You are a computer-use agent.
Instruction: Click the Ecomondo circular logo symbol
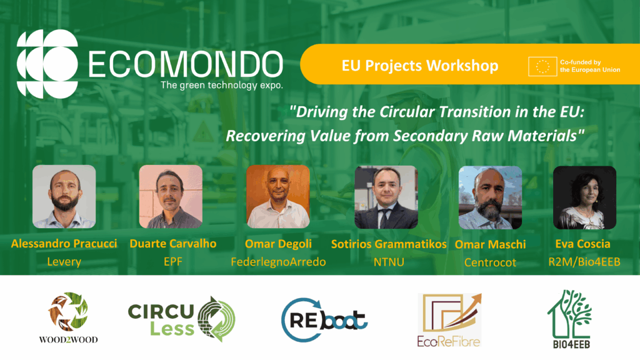47,64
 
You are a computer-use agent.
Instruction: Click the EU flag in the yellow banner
542,66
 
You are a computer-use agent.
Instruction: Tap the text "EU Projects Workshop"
419,66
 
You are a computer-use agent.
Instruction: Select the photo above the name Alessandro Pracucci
64,196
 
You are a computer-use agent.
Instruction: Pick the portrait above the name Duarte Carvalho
171,196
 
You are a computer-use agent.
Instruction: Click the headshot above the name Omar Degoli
278,196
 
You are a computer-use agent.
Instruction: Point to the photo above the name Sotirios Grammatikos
386,197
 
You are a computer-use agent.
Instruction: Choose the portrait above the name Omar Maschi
490,197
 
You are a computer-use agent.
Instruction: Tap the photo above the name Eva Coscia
584,197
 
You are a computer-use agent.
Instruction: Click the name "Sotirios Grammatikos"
389,244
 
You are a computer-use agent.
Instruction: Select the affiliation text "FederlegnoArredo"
278,262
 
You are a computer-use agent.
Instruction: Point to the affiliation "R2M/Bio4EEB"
584,262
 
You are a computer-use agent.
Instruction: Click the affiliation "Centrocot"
490,262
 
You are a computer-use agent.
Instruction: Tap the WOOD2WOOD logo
68,317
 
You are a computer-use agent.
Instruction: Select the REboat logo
324,319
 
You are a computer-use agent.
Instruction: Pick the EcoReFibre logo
449,320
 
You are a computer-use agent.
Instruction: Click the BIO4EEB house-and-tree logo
570,319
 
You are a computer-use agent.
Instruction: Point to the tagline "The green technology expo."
222,85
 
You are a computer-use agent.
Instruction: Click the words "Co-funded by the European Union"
590,66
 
